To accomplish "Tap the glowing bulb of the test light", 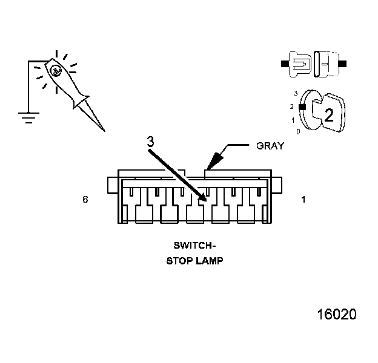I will click(55, 71).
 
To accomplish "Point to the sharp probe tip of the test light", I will click(103, 130).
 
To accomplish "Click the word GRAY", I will click(271, 146).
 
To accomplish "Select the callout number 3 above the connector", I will click(151, 141).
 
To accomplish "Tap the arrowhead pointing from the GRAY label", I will click(212, 162).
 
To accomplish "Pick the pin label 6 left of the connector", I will click(85, 198).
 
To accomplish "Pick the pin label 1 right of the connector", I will click(303, 198).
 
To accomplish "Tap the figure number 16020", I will click(337, 315).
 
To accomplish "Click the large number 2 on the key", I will click(328, 115).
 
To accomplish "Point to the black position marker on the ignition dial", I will click(302, 106).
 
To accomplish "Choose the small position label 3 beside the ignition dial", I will click(295, 93).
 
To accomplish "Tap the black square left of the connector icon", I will click(285, 63).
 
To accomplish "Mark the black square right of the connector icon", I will click(342, 63).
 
